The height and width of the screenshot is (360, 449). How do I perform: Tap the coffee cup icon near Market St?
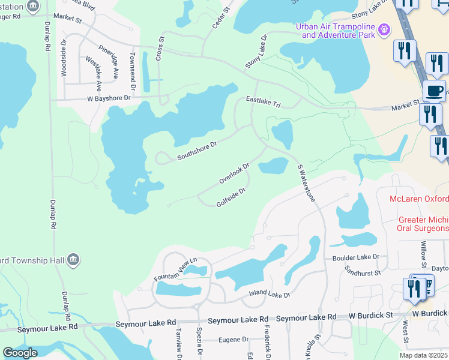tap(434, 91)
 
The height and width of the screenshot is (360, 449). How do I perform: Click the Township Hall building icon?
tap(73, 260)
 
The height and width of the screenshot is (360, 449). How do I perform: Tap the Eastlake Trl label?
tap(263, 103)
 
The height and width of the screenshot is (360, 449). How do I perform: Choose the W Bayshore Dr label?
tap(109, 98)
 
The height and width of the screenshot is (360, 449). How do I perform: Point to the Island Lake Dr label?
tap(270, 295)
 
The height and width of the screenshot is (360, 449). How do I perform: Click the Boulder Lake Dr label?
tap(356, 257)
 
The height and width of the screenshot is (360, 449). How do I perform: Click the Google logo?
tap(20, 353)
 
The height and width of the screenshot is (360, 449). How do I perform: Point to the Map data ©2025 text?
tap(424, 355)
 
